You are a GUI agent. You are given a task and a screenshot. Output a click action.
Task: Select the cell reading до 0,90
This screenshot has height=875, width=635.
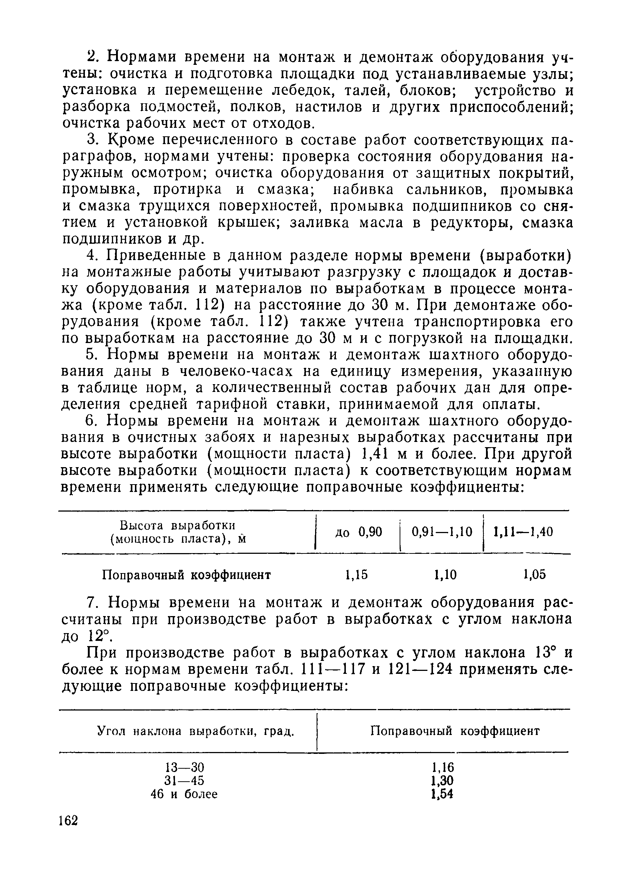[358, 532]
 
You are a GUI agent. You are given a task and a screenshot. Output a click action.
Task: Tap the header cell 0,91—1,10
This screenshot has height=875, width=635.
[442, 532]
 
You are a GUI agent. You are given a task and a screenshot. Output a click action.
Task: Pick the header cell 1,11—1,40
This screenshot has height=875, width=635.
[523, 532]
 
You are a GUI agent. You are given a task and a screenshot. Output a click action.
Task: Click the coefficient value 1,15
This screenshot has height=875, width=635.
[356, 575]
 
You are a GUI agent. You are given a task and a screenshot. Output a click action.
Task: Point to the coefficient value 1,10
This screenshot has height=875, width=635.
[445, 575]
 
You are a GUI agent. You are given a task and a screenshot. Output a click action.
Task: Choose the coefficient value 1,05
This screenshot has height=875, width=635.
[535, 575]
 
